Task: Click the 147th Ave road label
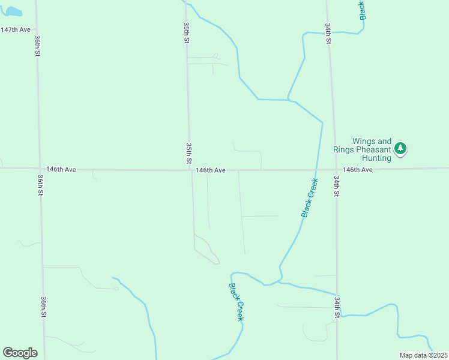16,29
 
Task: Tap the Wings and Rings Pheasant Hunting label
363,149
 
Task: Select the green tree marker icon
400,148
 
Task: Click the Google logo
20,353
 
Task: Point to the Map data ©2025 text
423,355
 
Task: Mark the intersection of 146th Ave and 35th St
191,170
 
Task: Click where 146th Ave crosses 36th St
40,169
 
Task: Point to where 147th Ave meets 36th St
37,29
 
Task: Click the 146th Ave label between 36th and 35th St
61,170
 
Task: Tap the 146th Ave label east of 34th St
358,170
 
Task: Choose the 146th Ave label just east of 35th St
211,170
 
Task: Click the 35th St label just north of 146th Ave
188,154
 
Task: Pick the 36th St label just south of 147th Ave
37,46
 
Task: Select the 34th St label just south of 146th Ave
337,187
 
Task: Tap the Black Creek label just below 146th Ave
309,197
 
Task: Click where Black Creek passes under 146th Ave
316,170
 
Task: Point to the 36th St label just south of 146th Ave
41,186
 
